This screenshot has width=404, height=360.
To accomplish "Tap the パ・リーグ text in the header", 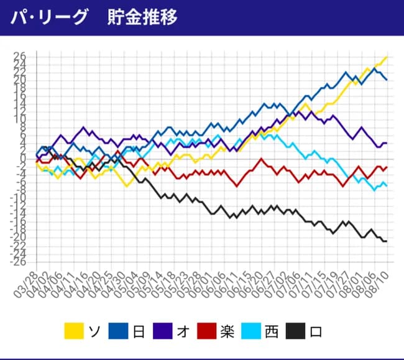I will (x=50, y=17).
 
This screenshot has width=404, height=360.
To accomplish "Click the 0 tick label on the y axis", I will (x=22, y=159).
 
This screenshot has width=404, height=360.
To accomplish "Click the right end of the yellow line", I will (x=387, y=57).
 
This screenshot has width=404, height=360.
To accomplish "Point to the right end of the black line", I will (x=387, y=241).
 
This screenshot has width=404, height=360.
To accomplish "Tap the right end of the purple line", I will (x=387, y=143).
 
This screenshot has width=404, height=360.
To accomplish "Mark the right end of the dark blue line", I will (x=387, y=80).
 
